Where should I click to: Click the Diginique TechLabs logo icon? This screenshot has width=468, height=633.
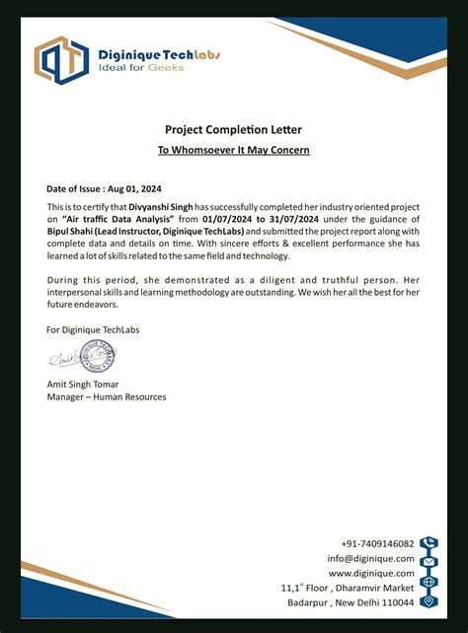click(61, 58)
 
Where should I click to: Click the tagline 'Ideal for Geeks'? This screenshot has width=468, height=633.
click(134, 70)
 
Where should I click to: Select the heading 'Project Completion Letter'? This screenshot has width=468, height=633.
click(233, 129)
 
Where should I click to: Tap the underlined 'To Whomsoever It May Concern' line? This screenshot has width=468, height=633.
click(234, 150)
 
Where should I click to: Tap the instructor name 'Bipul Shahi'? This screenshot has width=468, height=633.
click(70, 231)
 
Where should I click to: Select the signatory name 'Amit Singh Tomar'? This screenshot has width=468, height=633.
click(83, 384)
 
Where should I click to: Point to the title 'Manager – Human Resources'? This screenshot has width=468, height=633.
click(107, 397)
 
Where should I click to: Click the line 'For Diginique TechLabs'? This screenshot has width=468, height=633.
click(93, 329)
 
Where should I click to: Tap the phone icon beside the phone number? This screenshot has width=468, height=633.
click(429, 543)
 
